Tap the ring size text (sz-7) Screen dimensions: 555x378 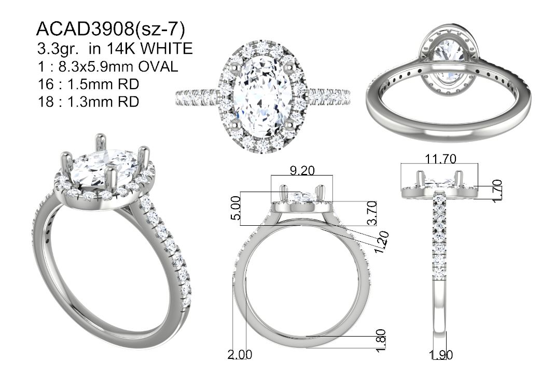(x=159, y=30)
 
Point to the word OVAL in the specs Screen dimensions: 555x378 (x=158, y=66)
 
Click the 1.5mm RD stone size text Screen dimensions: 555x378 (x=103, y=84)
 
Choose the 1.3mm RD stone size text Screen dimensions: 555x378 (x=103, y=101)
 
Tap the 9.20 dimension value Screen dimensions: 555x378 (x=302, y=171)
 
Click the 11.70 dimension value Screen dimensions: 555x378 (x=440, y=159)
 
